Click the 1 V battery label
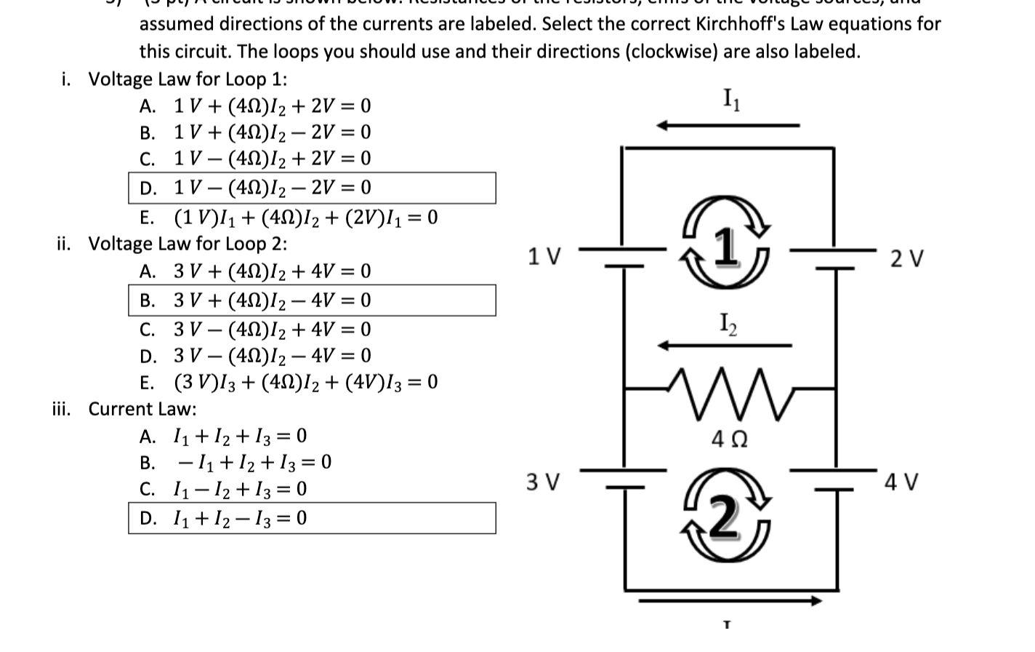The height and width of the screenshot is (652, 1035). coord(544,257)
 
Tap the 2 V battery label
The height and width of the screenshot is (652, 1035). coord(907,258)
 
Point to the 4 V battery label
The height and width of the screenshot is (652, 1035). coord(902,482)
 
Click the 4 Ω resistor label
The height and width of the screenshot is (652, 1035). coord(730,440)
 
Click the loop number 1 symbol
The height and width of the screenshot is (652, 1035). coord(725,247)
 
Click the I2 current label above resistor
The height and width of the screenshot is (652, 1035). coord(728,323)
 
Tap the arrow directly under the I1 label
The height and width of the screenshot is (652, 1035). coord(728,125)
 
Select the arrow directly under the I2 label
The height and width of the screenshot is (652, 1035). coord(725,345)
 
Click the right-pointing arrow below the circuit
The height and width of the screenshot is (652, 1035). coord(730,601)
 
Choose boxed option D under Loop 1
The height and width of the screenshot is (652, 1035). coord(312,188)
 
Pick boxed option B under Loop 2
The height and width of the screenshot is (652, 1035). coord(312,300)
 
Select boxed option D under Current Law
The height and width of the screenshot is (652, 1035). coord(312,518)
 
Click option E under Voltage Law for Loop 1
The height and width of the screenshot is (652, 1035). coord(289,218)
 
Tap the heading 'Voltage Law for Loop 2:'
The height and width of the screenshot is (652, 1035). coord(188,244)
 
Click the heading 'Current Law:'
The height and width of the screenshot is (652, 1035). coord(142,409)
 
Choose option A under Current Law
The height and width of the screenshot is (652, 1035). coord(224,436)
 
